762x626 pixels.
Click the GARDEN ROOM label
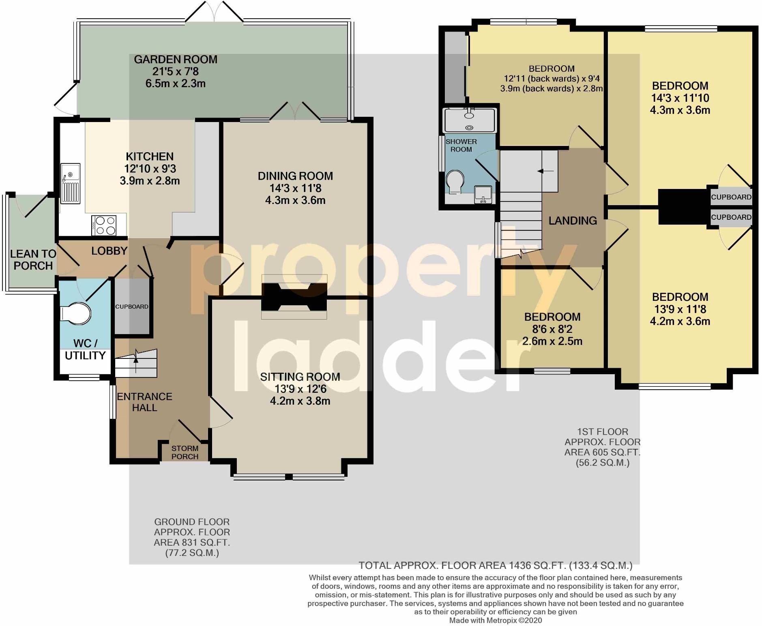[176, 60]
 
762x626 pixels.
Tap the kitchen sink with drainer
[71, 183]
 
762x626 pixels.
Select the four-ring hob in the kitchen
[105, 225]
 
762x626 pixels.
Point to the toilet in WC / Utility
[76, 313]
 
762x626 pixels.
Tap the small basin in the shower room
[483, 194]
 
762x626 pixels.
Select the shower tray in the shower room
[470, 120]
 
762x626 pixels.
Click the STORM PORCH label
[185, 452]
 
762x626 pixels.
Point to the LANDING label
[573, 221]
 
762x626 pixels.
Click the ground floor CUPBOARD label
[132, 307]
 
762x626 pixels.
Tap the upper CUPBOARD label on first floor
[731, 197]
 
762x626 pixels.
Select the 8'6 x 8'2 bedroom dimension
[552, 329]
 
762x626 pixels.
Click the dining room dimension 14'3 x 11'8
[295, 188]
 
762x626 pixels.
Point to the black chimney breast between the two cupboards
[683, 207]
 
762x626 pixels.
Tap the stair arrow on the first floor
[545, 172]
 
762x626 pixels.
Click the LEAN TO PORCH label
[33, 260]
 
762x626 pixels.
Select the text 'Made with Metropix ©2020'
[495, 620]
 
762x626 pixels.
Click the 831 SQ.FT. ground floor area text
[192, 542]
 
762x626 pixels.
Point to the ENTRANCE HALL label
[144, 402]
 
